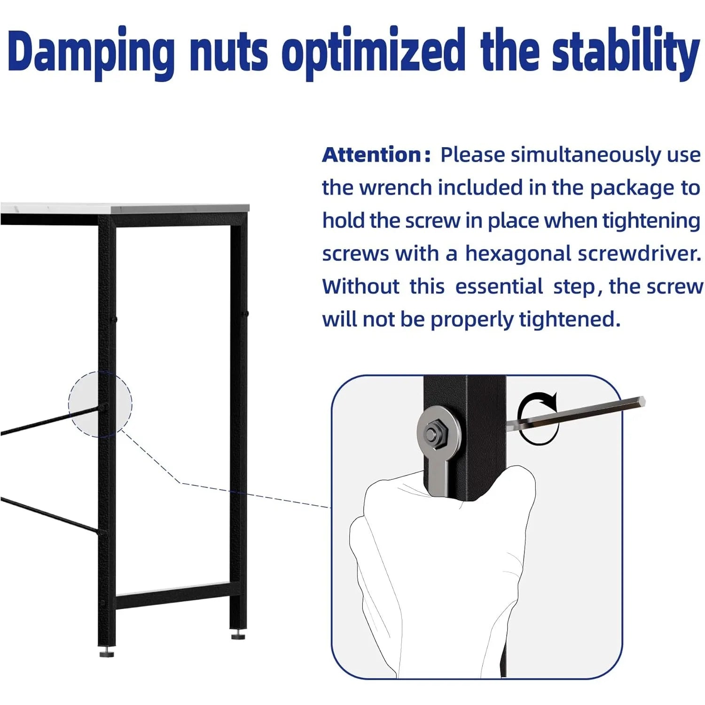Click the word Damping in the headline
pos(91,53)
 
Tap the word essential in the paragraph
pos(499,286)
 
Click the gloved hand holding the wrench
pos(442,573)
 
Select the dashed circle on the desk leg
pos(100,404)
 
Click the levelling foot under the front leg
pos(107,652)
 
